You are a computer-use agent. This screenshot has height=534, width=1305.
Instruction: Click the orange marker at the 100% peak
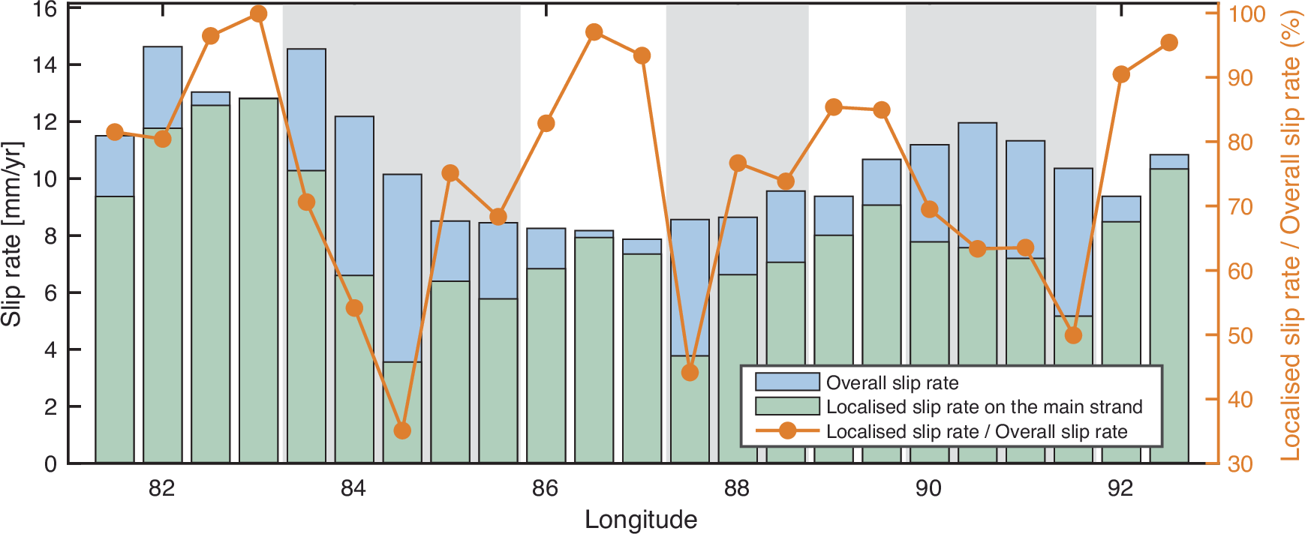pos(258,13)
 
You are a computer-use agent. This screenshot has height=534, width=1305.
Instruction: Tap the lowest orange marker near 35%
pos(402,430)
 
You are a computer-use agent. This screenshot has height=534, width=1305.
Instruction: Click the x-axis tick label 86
pos(546,488)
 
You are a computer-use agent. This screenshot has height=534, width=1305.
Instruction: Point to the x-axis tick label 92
pos(1120,488)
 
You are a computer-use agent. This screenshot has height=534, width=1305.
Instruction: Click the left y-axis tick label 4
pos(50,349)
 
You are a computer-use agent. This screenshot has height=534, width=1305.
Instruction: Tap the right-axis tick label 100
pos(1246,13)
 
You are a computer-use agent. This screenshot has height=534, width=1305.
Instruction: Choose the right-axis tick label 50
pos(1240,335)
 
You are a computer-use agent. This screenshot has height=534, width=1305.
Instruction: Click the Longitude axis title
pos(641,519)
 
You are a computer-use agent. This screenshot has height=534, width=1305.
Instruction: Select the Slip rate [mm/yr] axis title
pos(12,233)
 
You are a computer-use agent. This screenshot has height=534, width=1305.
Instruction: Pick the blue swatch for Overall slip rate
pos(786,382)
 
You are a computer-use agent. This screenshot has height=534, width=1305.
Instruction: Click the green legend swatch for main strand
pos(786,406)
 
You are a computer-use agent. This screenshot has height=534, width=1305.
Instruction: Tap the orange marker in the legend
pos(787,430)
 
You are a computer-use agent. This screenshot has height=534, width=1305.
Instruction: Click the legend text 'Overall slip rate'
pos(892,382)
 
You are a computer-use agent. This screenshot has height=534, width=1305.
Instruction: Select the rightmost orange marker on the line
pos(1168,43)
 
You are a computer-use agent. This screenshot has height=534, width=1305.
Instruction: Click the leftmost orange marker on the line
pos(115,132)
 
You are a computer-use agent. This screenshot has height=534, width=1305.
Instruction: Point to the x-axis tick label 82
pos(162,488)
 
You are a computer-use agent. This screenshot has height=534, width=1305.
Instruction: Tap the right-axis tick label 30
pos(1240,463)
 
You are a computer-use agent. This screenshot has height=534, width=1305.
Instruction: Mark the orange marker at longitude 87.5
pos(690,372)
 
